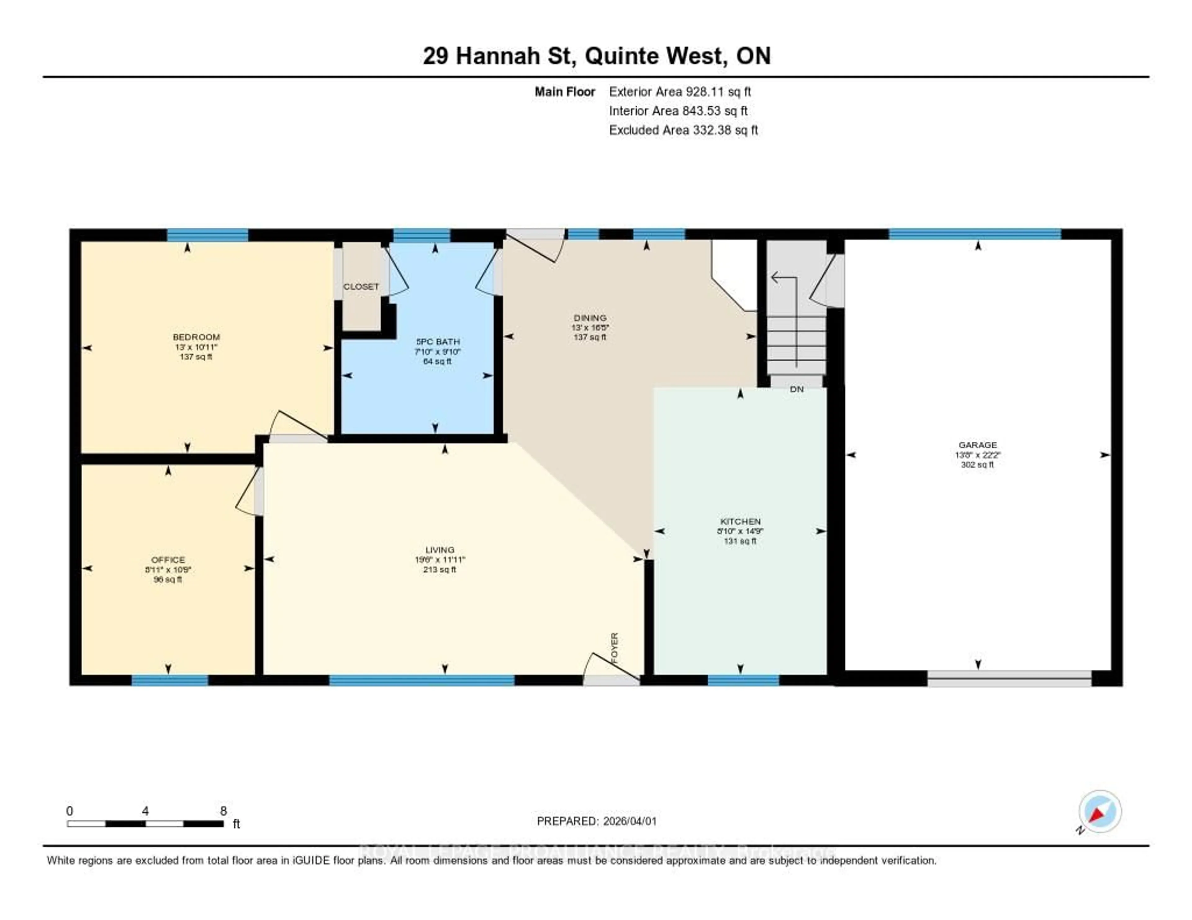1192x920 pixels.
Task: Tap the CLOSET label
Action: click(x=361, y=286)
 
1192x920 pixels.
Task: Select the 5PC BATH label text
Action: click(x=438, y=342)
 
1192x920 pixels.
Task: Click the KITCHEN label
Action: click(x=740, y=521)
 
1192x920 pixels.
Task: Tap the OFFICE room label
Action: click(x=168, y=560)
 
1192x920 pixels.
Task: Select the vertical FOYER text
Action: click(x=615, y=648)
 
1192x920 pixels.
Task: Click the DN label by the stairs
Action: click(x=797, y=389)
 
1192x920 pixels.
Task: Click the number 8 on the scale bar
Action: click(x=223, y=811)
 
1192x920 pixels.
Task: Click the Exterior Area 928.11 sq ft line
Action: click(x=680, y=92)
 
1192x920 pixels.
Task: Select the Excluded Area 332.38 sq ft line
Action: click(x=683, y=130)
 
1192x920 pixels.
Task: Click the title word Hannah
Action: click(x=497, y=56)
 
